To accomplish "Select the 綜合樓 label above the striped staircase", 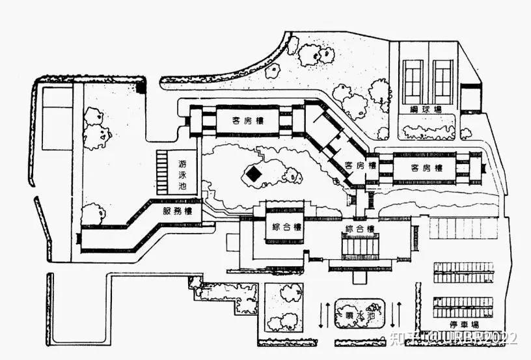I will [359, 229].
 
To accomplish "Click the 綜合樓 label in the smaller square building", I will [286, 227].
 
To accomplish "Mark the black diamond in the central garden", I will [253, 174].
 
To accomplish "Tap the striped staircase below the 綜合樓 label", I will [360, 247].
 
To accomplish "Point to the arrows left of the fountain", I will [322, 314].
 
